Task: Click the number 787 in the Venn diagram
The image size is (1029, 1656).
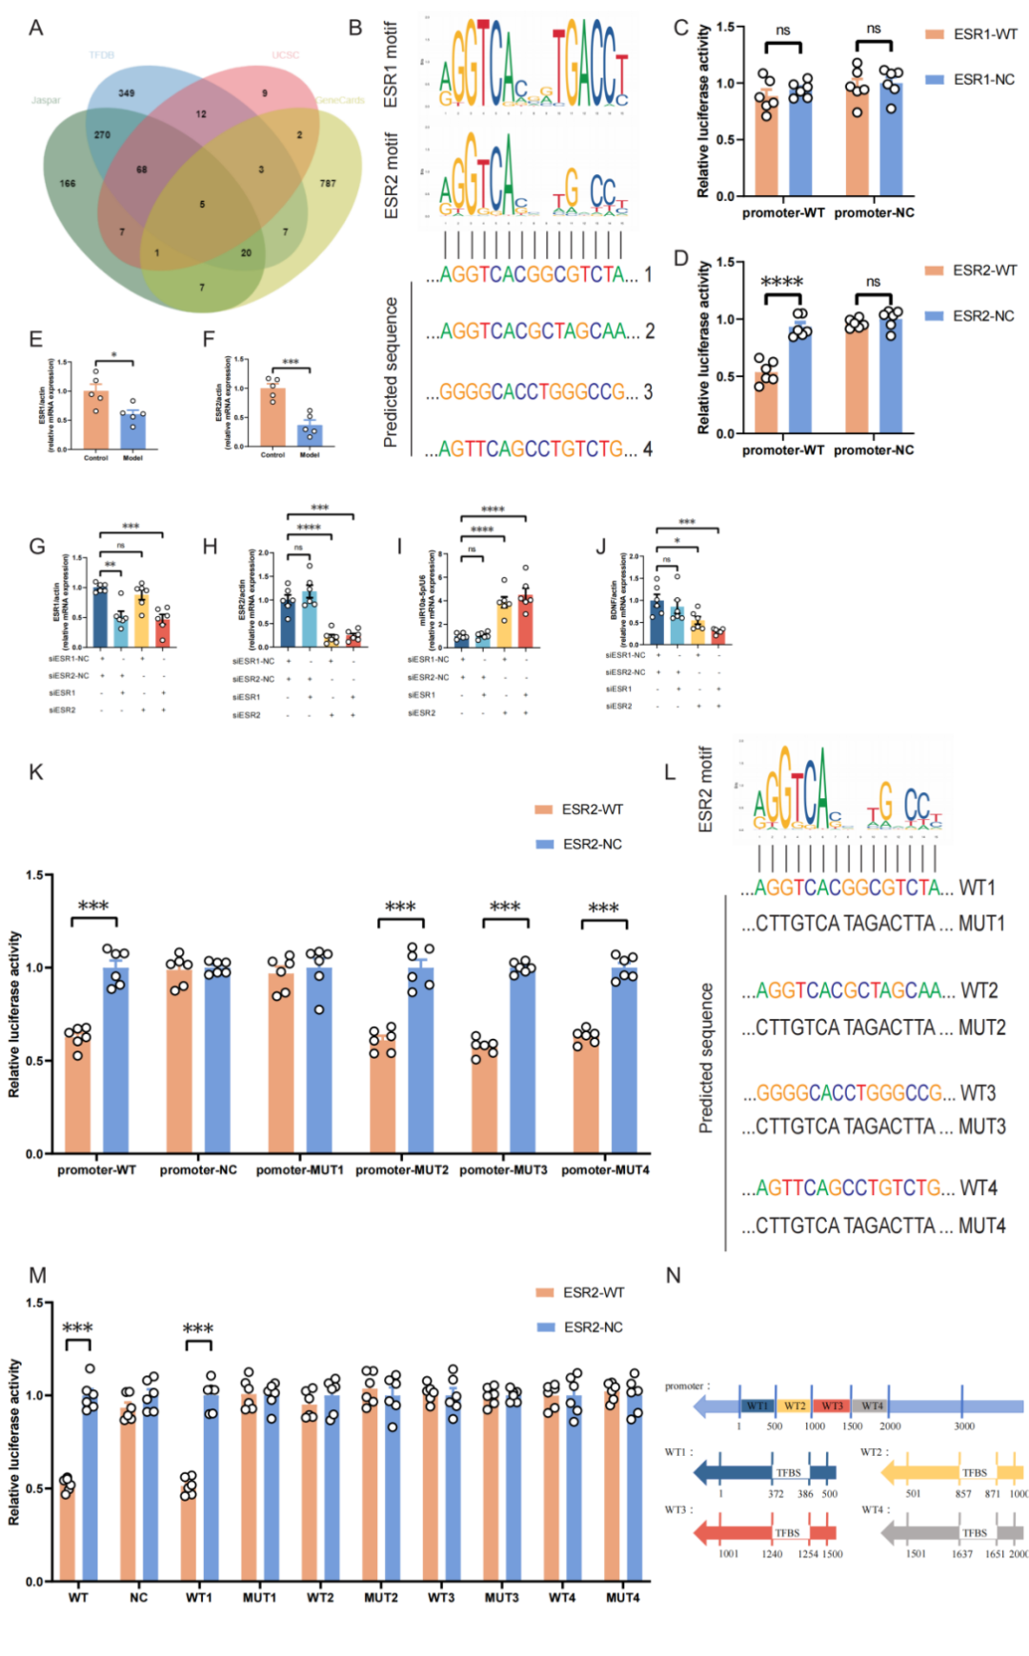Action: click(x=328, y=183)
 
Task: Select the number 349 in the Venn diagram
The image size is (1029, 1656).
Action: click(x=126, y=93)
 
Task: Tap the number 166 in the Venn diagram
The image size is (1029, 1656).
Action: click(x=68, y=183)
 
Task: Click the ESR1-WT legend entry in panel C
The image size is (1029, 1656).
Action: click(x=972, y=34)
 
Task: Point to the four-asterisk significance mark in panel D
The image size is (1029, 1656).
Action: click(x=782, y=281)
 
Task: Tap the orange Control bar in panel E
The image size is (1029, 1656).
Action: click(x=96, y=419)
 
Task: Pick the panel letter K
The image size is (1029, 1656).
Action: click(x=36, y=771)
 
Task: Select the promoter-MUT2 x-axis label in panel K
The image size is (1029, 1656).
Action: click(x=402, y=1169)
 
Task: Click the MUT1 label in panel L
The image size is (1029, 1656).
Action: click(x=981, y=924)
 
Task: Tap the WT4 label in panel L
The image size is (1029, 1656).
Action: click(x=979, y=1187)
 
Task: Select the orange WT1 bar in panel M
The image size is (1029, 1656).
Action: click(x=189, y=1532)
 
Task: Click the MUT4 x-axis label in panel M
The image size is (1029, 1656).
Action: click(x=623, y=1597)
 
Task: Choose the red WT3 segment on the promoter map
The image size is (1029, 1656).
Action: click(x=832, y=1406)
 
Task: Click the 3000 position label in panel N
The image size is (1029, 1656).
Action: click(x=964, y=1426)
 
